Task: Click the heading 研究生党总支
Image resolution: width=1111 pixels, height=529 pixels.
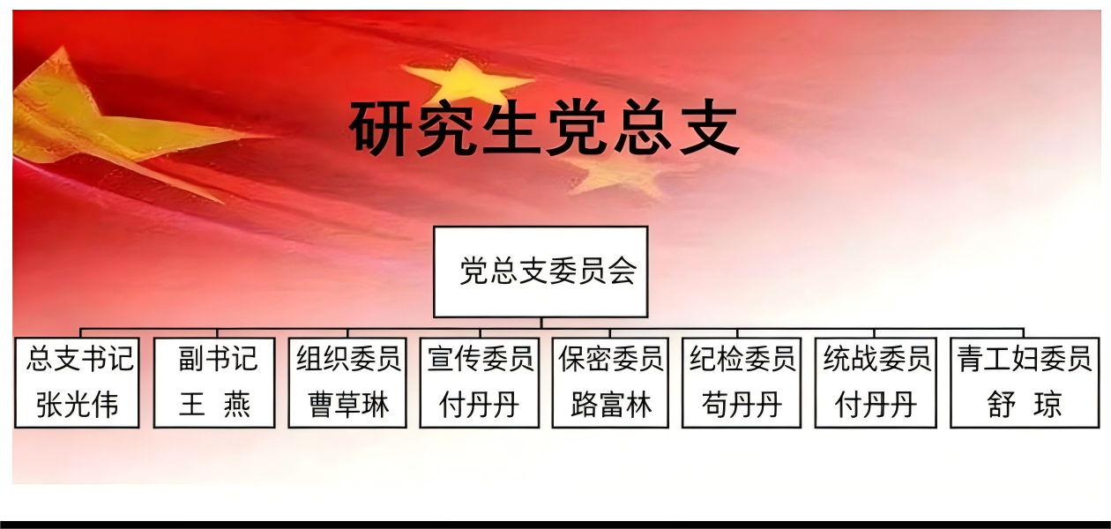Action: point(545,128)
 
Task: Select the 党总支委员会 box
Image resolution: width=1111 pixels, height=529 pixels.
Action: point(541,272)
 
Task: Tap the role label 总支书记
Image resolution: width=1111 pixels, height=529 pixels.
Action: point(80,359)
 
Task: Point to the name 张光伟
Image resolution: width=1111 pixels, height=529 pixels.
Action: point(78,405)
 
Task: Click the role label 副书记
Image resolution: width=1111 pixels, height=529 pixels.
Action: point(218,359)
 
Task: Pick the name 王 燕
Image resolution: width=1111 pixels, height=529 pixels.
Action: point(215,405)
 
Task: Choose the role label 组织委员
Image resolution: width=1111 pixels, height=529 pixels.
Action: point(348,359)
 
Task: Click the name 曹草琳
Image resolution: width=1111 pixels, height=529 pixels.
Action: point(348,405)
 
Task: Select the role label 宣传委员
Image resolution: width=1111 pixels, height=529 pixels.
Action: point(480,359)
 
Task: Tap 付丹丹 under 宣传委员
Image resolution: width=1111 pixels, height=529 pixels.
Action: point(479,405)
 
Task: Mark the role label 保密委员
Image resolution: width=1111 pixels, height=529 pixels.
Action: point(610,359)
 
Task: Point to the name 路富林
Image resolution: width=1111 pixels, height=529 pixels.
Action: point(611,405)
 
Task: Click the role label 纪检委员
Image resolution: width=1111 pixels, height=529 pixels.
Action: point(742,359)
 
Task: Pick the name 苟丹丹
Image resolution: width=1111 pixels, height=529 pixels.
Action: point(742,405)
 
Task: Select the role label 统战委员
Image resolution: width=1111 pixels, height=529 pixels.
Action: point(876,359)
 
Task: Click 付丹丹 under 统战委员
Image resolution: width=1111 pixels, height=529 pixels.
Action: point(876,405)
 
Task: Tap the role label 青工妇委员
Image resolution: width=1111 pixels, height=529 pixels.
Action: point(1025,359)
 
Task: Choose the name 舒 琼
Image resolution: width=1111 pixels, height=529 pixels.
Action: point(1025,405)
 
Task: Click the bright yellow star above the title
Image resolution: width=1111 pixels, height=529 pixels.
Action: point(466,82)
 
